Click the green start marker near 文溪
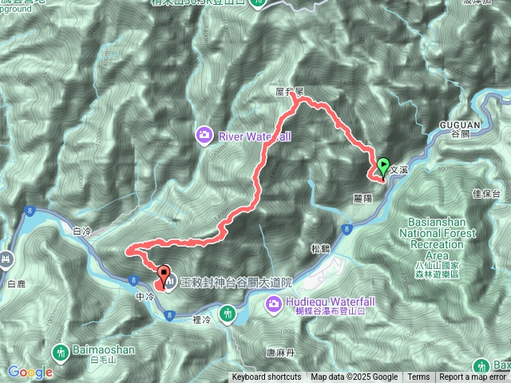[x=382, y=168]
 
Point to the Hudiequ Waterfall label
[x=321, y=303]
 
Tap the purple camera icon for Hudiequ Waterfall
[x=273, y=303]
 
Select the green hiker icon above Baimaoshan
[x=61, y=350]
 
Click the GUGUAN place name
[x=458, y=124]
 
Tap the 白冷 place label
[x=82, y=231]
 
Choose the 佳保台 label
[x=485, y=194]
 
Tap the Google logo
[x=30, y=372]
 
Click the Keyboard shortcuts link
[x=267, y=377]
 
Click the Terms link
[x=418, y=377]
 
